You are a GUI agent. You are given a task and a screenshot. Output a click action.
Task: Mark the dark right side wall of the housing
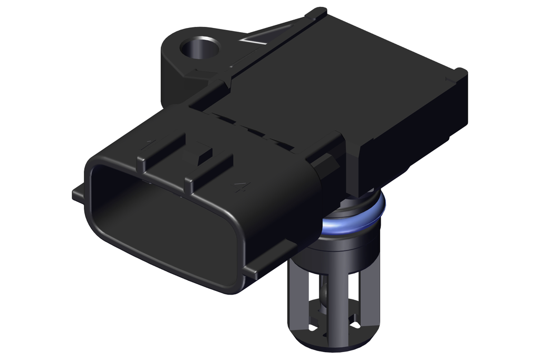(x=417, y=137)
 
